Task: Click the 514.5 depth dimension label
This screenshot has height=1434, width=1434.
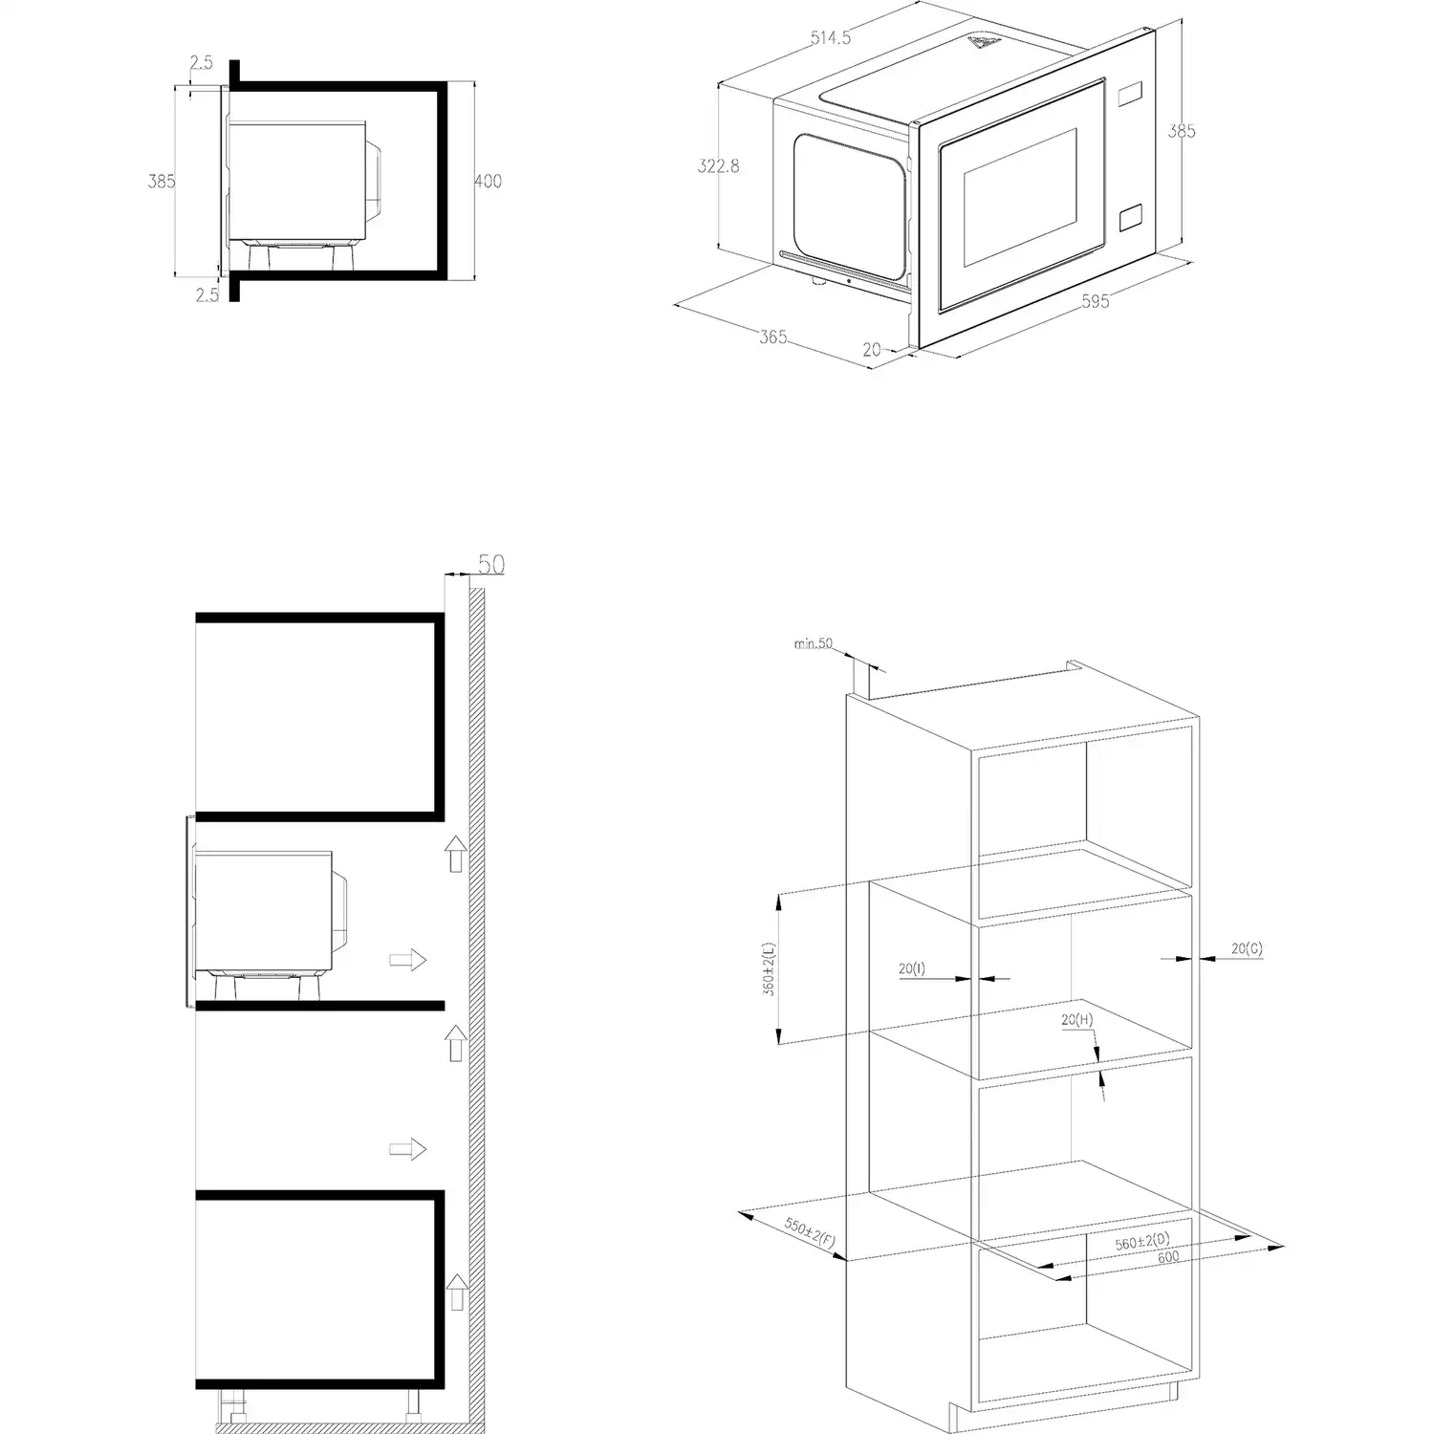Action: coord(831,38)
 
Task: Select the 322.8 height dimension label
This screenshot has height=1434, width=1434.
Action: coord(718,166)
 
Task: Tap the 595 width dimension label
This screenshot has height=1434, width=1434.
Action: coord(1096,302)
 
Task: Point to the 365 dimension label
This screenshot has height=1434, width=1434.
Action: coord(773,337)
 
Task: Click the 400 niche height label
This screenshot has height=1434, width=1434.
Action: coord(488,181)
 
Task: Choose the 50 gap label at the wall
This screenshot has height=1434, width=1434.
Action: coord(490,565)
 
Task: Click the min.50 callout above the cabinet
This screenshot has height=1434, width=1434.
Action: coord(814,643)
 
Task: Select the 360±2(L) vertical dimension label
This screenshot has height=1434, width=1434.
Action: coord(770,969)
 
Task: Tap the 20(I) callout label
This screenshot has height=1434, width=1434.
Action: coord(912,968)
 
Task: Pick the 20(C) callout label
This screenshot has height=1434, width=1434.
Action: coord(1247,948)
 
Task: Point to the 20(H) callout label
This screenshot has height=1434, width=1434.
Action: coord(1076,1020)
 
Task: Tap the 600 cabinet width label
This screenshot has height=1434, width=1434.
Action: coord(1168,1258)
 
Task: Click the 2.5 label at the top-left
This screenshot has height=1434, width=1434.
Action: coord(202,63)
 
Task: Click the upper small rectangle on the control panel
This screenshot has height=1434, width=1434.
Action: coord(1129,93)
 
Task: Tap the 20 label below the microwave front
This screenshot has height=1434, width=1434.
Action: coord(872,350)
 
